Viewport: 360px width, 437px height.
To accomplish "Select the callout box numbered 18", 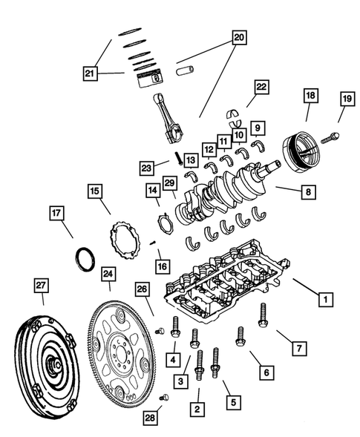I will point(310,96).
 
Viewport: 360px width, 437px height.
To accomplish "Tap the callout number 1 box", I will point(324,300).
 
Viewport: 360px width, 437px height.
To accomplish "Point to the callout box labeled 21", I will point(91,73).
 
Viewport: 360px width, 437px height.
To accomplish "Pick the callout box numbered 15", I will point(95,192).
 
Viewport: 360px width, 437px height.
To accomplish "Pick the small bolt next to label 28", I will point(165,398).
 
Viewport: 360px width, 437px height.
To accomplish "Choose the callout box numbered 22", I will point(261,88).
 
